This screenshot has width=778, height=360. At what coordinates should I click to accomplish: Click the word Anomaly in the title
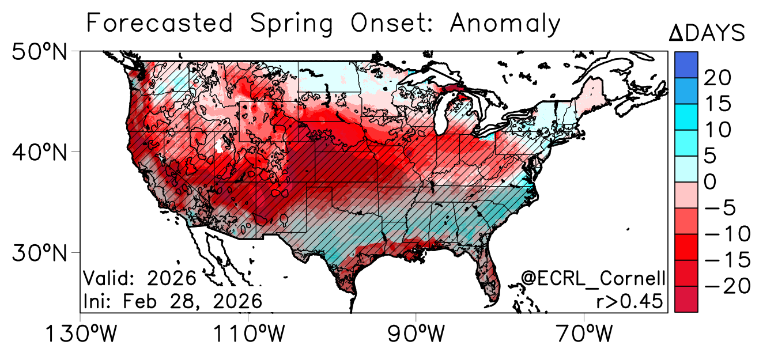(505, 24)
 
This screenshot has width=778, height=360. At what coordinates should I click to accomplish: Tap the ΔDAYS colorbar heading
(707, 33)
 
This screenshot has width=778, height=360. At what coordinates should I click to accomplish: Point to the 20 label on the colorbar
(717, 77)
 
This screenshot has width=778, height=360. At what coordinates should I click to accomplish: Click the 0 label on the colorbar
(710, 182)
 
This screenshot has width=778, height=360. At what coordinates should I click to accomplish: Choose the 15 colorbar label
(716, 104)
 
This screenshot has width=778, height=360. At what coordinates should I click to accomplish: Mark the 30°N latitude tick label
(39, 253)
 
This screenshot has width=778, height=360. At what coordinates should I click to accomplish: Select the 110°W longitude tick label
(248, 334)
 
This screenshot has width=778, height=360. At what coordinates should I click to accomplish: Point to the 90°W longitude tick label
(416, 334)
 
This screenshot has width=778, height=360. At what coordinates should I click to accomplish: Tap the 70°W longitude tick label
(584, 334)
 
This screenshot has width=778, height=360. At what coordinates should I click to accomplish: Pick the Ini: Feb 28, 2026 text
(173, 301)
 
